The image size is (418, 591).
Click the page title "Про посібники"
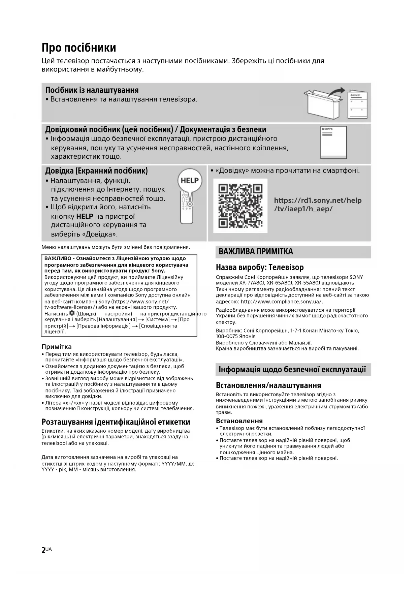pyautogui.click(x=79, y=48)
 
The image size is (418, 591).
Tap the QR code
pyautogui.click(x=240, y=206)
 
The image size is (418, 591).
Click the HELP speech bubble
pyautogui.click(x=190, y=180)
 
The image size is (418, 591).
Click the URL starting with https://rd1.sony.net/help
pyautogui.click(x=318, y=205)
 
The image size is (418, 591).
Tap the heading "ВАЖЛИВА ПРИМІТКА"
pyautogui.click(x=256, y=251)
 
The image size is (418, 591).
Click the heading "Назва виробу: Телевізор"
pyautogui.click(x=260, y=267)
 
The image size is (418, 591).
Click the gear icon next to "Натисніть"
pyautogui.click(x=72, y=313)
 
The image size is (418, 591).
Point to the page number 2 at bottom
pyautogui.click(x=43, y=550)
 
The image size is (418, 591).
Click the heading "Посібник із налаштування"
pyautogui.click(x=92, y=90)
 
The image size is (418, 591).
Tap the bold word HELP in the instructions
pyautogui.click(x=85, y=216)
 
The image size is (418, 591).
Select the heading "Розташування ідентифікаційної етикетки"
pyautogui.click(x=116, y=422)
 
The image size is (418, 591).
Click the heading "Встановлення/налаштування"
pyautogui.click(x=268, y=385)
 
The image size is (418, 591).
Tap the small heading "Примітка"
pyautogui.click(x=57, y=347)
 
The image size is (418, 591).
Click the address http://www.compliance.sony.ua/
pyautogui.click(x=282, y=302)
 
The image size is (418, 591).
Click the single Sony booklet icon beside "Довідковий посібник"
pyautogui.click(x=333, y=142)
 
